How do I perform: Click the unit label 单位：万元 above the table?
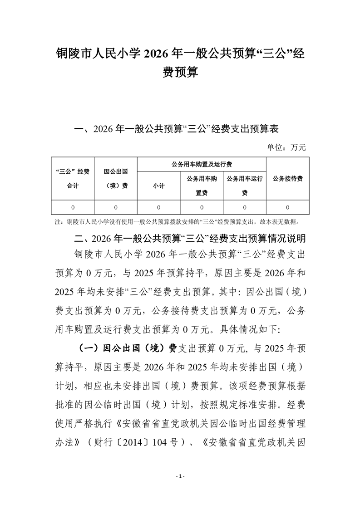[x=287, y=147]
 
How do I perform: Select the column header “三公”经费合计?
[x=72, y=178]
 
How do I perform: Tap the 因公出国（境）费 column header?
[x=115, y=178]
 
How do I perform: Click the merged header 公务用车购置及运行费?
[x=201, y=164]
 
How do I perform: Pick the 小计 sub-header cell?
[x=158, y=186]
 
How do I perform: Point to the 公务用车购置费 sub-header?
[x=202, y=186]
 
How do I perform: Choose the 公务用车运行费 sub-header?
[x=244, y=186]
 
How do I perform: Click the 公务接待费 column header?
[x=287, y=178]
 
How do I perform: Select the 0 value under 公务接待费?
[x=287, y=207]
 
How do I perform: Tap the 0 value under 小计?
[x=158, y=207]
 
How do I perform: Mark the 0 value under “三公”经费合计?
[x=72, y=207]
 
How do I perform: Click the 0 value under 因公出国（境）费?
[x=115, y=207]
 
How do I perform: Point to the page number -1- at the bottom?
[x=180, y=476]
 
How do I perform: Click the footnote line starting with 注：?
[x=177, y=222]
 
